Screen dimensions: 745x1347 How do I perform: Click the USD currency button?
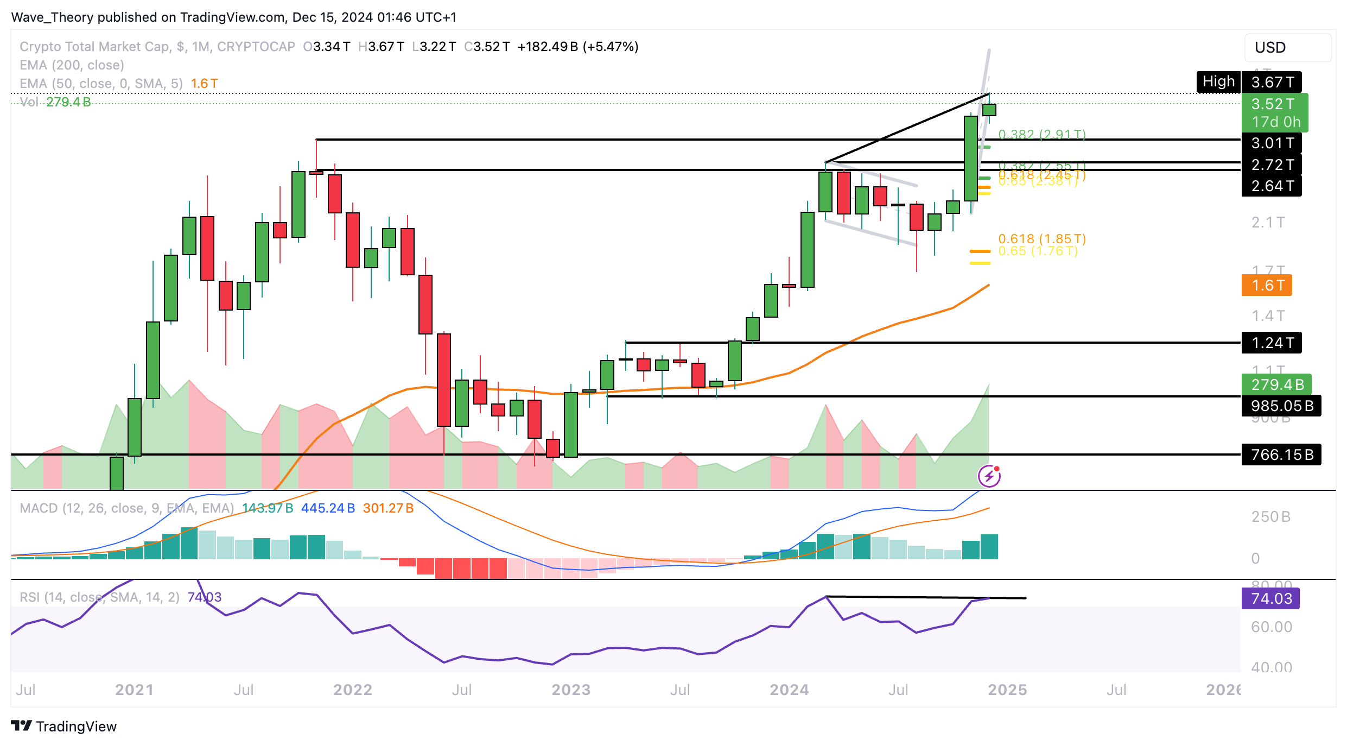pos(1287,48)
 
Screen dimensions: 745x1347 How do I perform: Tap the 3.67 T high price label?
pos(1272,83)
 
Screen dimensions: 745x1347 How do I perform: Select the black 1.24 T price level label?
pos(1272,343)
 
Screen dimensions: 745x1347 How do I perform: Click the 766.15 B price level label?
pos(1281,455)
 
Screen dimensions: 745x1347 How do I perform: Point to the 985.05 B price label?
pos(1281,406)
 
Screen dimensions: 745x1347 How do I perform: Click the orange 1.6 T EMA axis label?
pos(1267,286)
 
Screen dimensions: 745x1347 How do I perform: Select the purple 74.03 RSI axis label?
pos(1270,599)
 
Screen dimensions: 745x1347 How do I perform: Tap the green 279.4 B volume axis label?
pos(1276,385)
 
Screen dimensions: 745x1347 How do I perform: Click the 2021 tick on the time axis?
pos(134,690)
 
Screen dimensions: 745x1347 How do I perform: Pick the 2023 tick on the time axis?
pos(570,690)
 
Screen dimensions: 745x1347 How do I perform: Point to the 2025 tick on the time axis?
pos(1007,690)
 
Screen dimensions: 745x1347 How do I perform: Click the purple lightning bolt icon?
pos(989,476)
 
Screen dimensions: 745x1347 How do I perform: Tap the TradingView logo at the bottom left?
pos(64,727)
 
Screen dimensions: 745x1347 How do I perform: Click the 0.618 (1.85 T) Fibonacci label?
pos(1042,239)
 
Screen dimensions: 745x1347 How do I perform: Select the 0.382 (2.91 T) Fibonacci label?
pos(1042,134)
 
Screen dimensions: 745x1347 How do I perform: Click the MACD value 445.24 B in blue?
pos(328,508)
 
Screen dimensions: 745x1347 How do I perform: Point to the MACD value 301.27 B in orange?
pos(388,508)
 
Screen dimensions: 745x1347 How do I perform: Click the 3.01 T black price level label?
pos(1272,143)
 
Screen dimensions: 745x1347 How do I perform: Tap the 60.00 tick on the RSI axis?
pos(1271,627)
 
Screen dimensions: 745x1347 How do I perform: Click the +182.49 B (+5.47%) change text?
pos(577,47)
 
